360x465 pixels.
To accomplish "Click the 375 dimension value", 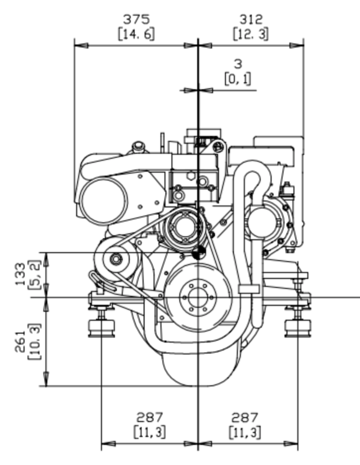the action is click(136, 20).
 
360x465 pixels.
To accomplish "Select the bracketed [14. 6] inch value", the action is click(136, 34).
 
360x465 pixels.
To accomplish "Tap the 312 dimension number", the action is click(251, 20).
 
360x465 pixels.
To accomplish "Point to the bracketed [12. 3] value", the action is click(251, 34).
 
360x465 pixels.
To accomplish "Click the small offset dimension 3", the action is click(238, 64).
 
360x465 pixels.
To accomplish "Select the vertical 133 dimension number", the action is click(20, 274).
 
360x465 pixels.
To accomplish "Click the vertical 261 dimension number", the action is click(20, 341).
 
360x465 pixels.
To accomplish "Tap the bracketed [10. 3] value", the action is click(35, 342).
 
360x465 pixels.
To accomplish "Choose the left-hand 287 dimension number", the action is click(149, 418).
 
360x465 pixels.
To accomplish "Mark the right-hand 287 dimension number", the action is click(245, 418).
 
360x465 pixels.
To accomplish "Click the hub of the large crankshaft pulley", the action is click(198, 298).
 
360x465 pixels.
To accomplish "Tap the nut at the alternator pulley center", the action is click(115, 259).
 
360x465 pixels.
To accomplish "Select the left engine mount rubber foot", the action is click(102, 329).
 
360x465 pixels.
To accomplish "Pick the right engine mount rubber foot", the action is click(297, 329).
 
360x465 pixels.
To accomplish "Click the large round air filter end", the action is click(103, 201).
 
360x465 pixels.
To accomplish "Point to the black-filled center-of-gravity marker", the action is click(198, 252).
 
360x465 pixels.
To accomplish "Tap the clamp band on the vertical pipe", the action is click(249, 289).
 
